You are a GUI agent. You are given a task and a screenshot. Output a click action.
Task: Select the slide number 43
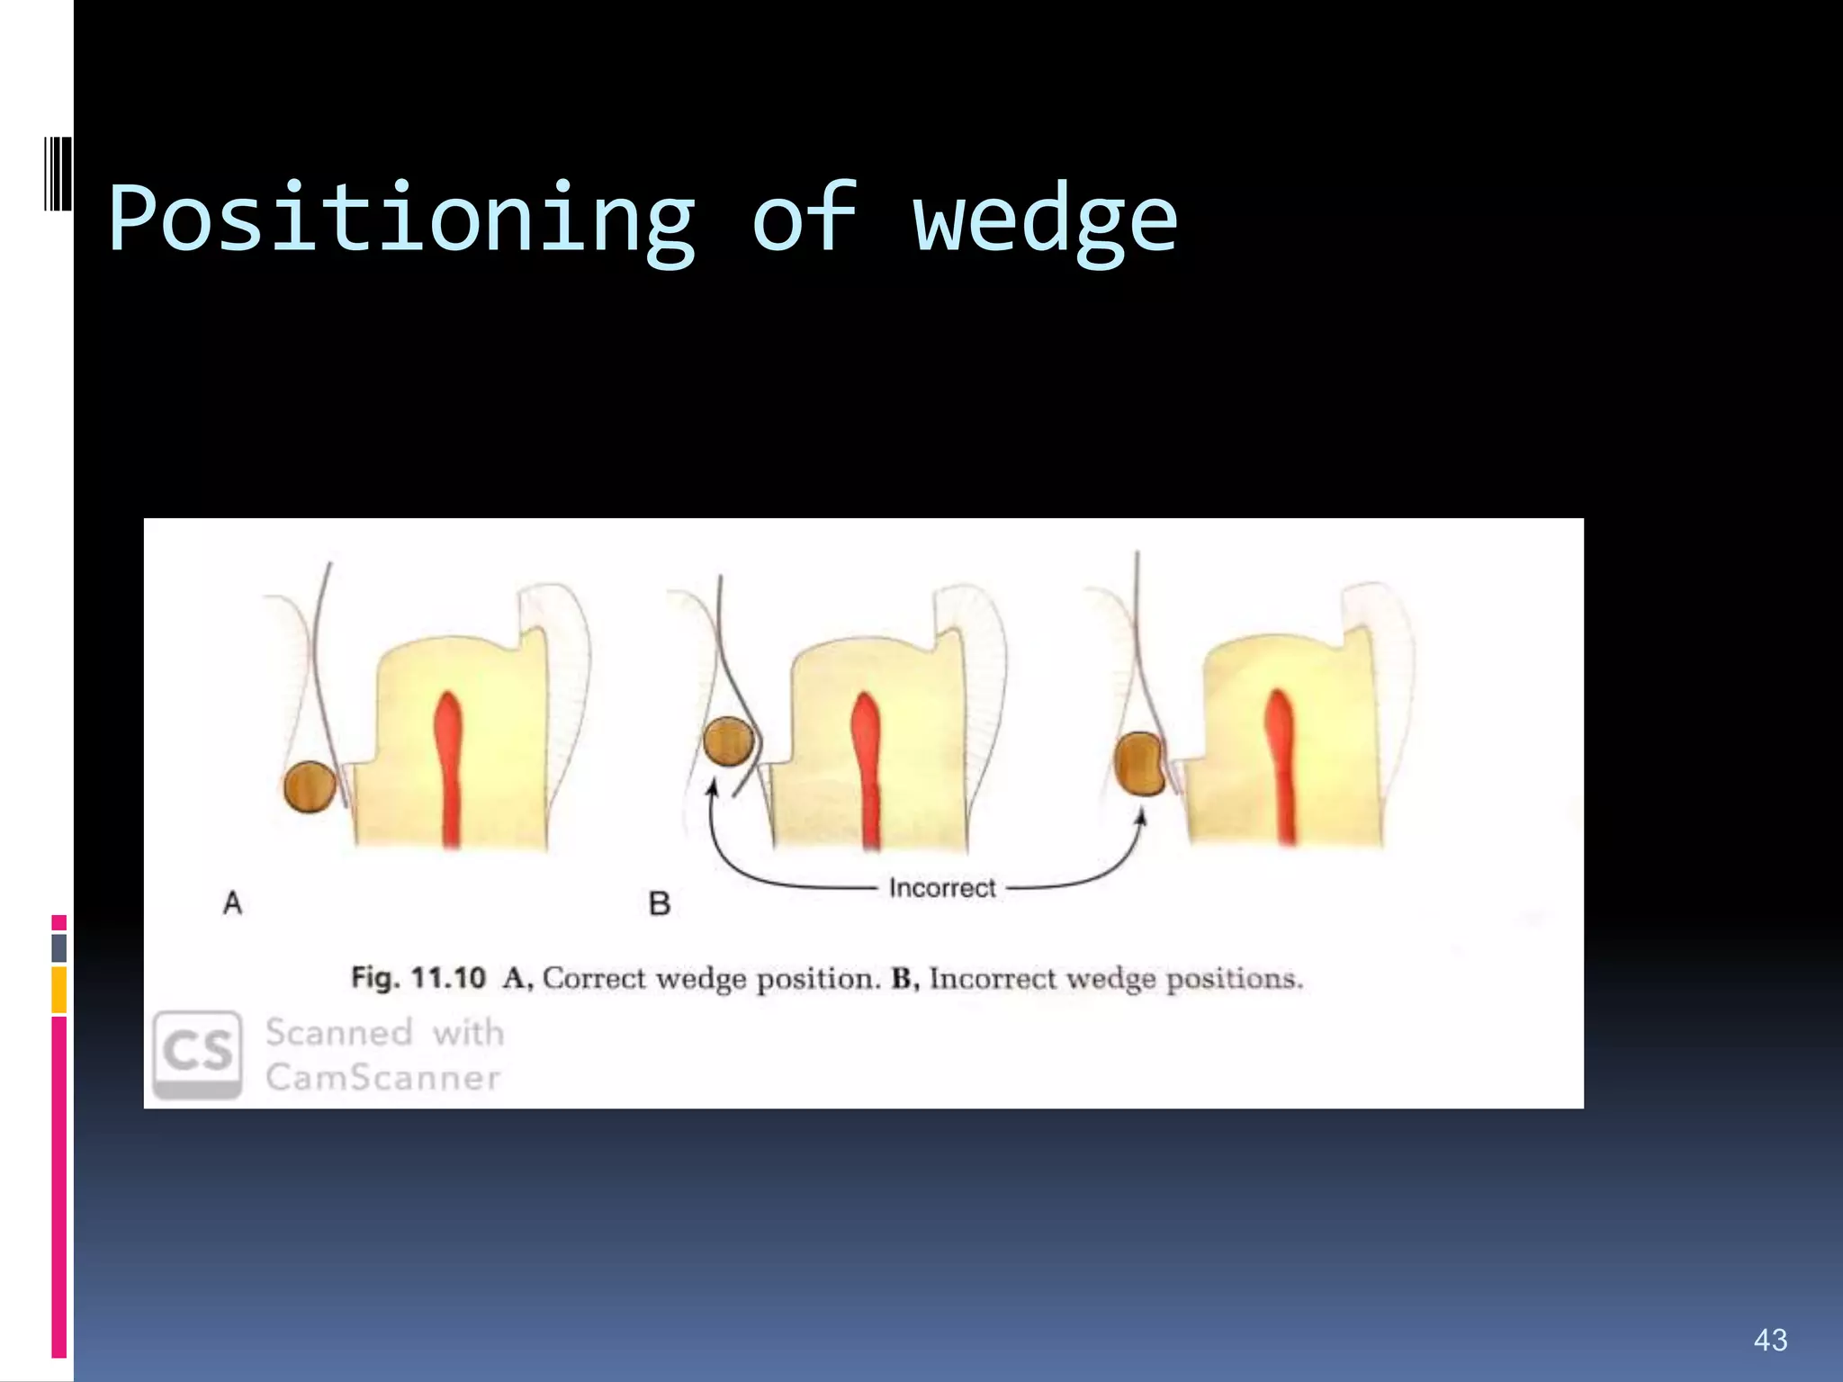point(1770,1340)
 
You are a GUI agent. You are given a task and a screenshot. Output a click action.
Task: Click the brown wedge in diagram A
point(310,786)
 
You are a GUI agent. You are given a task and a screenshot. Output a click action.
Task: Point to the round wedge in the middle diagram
point(728,741)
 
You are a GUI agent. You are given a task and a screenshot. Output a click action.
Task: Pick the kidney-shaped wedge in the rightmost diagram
point(1139,764)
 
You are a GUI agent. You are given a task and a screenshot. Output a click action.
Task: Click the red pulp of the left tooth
point(448,765)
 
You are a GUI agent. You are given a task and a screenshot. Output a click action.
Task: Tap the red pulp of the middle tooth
point(867,765)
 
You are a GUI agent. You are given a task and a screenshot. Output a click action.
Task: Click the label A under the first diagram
point(232,902)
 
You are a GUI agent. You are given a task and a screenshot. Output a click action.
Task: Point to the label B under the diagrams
point(660,903)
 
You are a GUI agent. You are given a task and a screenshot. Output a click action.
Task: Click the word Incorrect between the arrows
point(942,888)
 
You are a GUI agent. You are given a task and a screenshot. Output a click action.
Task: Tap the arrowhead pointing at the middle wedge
point(713,788)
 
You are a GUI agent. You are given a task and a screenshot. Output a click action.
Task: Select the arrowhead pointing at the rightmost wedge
point(1141,817)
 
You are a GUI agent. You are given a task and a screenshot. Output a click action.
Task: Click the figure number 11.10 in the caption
point(448,978)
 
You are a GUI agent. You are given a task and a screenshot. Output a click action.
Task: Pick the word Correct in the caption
point(595,978)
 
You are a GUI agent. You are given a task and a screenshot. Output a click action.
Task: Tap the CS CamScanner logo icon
point(198,1053)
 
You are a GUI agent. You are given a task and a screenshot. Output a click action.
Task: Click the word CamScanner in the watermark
point(382,1077)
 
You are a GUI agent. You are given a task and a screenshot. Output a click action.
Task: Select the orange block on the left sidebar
point(59,989)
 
